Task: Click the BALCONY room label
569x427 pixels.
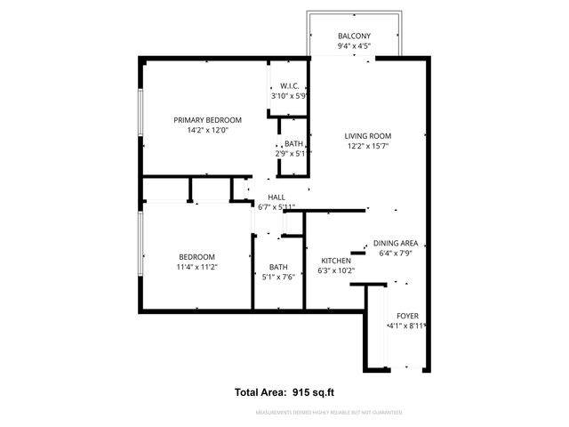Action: (355, 36)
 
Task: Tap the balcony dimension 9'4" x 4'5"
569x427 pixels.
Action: (355, 46)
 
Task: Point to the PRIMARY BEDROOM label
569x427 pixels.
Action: (207, 119)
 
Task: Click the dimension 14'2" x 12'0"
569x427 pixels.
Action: (207, 130)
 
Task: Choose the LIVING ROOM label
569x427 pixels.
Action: (368, 136)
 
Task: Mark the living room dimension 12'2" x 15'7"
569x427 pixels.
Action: (368, 147)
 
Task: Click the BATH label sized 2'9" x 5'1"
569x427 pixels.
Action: (293, 144)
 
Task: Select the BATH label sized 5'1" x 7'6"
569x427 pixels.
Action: (278, 267)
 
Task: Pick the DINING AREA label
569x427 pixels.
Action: (396, 243)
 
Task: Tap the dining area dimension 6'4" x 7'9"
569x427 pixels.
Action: (396, 254)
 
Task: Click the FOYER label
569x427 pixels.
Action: (407, 316)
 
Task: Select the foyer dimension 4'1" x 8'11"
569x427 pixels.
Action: (407, 326)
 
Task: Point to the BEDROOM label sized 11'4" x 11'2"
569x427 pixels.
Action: (196, 257)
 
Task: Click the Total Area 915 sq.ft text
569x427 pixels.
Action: (284, 391)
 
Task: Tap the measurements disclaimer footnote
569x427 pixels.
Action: (329, 413)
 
